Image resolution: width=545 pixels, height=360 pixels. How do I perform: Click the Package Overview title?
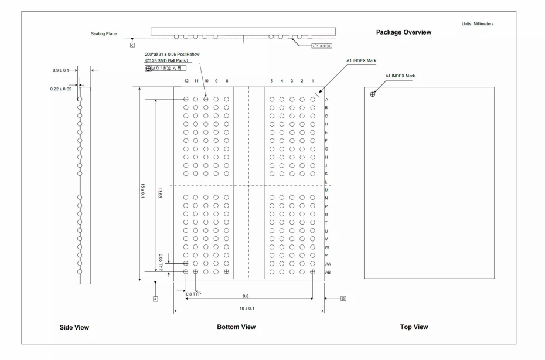point(403,32)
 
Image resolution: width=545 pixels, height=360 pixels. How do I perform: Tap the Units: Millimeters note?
point(478,23)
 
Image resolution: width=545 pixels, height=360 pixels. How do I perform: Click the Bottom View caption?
point(236,327)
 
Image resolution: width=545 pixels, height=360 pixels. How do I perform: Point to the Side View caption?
point(74,327)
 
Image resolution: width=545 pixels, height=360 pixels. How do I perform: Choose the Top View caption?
point(414,327)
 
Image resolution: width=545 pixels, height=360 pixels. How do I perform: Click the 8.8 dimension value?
point(250,296)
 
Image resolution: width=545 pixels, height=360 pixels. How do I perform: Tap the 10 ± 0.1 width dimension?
point(250,308)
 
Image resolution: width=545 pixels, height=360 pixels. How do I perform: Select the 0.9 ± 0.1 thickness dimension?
point(60,70)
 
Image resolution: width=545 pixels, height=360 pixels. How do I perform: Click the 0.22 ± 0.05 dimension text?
point(60,89)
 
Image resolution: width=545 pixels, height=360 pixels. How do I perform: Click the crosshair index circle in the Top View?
point(373,94)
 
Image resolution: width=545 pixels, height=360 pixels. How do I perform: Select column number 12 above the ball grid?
point(186,80)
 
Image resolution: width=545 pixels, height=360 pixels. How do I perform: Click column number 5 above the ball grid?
point(271,80)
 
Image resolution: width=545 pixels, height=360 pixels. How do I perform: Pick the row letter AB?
point(328,272)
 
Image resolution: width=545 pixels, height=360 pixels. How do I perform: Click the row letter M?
point(326,190)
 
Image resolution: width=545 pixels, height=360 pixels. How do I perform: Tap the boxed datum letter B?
point(343,298)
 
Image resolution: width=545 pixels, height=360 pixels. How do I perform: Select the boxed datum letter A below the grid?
point(155,298)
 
